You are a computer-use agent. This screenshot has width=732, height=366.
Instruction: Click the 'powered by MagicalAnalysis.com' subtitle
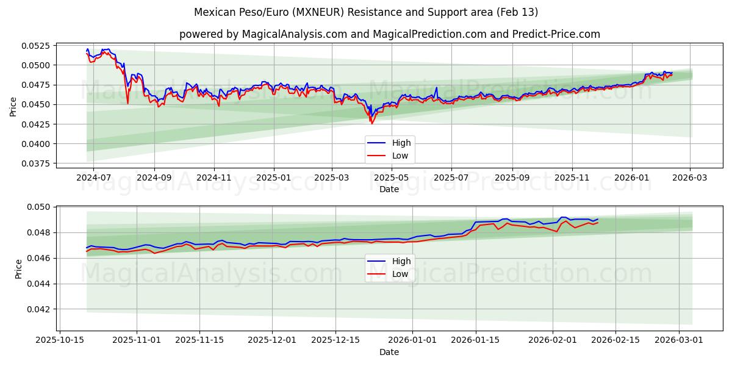pos(389,34)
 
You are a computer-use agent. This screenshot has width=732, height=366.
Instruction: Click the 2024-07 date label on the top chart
pos(93,178)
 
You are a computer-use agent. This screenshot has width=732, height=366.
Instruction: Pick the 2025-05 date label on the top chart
pos(392,178)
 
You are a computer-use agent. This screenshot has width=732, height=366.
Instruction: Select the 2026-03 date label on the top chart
pos(690,178)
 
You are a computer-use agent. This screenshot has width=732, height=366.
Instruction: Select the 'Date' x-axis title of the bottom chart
pos(389,352)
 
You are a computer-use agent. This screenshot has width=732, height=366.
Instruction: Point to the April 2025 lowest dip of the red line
pos(371,123)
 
